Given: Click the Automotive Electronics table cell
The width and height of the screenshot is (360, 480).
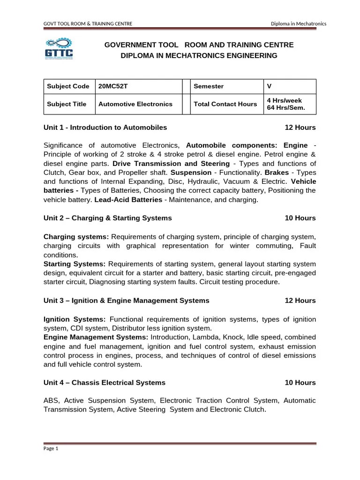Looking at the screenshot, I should (x=135, y=104).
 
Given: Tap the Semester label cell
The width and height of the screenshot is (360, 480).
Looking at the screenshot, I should (x=209, y=86).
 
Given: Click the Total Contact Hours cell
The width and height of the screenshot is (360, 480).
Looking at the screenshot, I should (x=225, y=104).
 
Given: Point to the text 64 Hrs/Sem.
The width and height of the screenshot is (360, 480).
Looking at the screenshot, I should (x=286, y=108).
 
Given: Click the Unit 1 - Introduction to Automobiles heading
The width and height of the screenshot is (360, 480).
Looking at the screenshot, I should (x=105, y=127).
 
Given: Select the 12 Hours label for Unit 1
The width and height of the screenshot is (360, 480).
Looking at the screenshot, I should (x=300, y=127).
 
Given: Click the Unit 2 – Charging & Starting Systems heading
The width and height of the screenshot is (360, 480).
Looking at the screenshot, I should (x=107, y=218).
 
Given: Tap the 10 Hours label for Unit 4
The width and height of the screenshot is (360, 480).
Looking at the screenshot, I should (x=300, y=382).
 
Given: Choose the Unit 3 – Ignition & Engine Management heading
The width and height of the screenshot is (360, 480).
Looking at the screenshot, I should (x=126, y=300).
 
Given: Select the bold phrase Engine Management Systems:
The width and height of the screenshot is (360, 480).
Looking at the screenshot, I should (x=96, y=337).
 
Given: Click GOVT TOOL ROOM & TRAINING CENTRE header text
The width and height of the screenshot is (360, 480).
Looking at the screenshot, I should (x=88, y=24).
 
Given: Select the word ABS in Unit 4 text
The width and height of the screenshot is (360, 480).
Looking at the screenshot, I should (x=51, y=401).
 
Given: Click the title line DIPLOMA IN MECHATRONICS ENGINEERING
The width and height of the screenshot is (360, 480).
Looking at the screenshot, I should (x=199, y=56).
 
